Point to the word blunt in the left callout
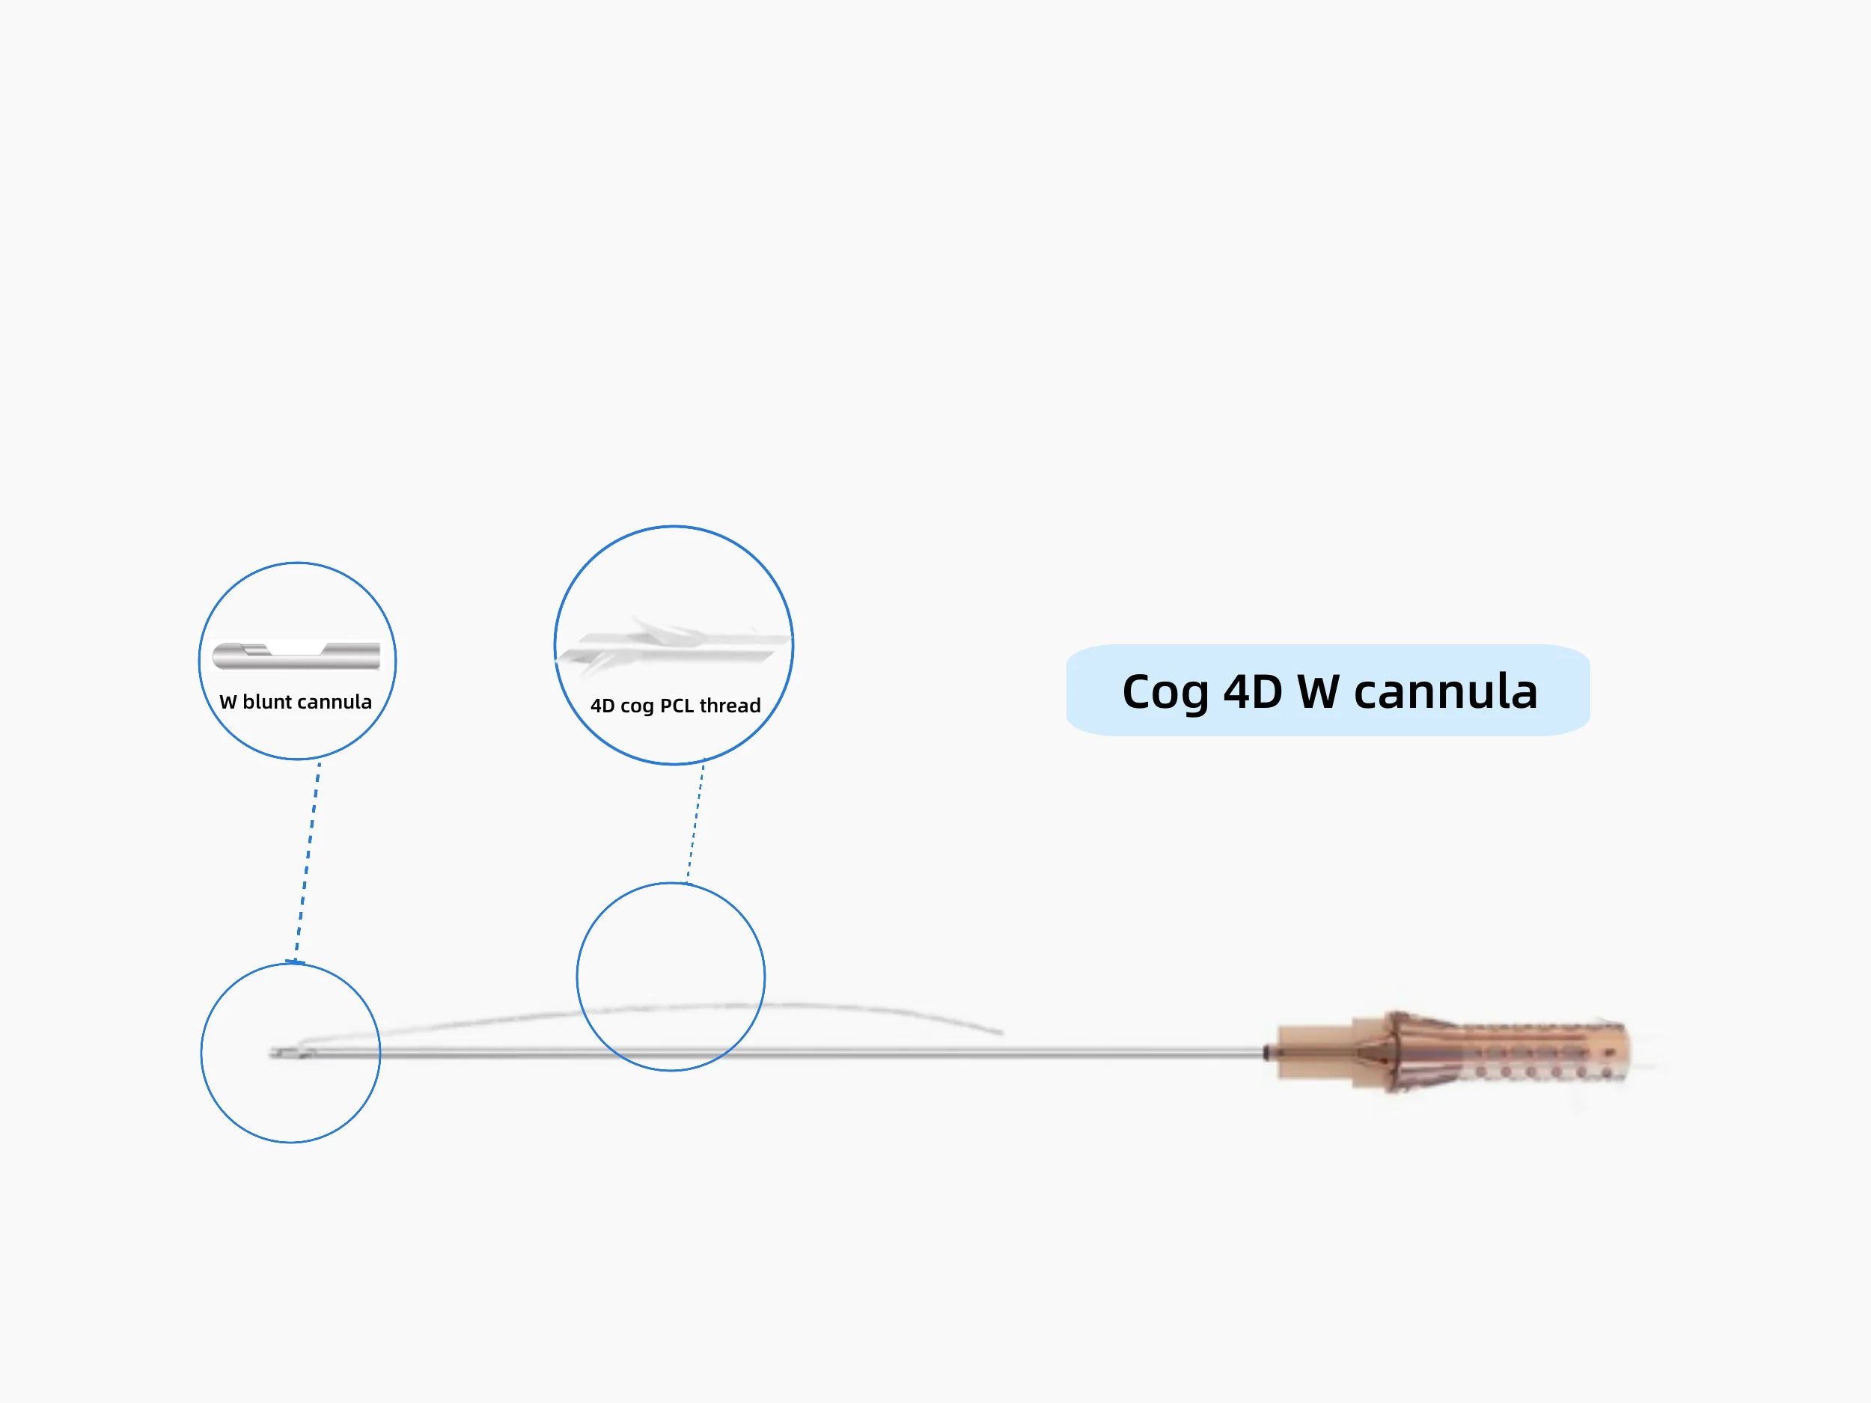click(266, 702)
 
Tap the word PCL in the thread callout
click(676, 706)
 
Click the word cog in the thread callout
click(636, 706)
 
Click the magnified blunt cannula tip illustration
click(296, 655)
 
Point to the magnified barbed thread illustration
click(673, 647)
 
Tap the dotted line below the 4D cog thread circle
click(695, 820)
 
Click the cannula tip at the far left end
click(275, 1053)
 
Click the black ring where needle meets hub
click(1266, 1053)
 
